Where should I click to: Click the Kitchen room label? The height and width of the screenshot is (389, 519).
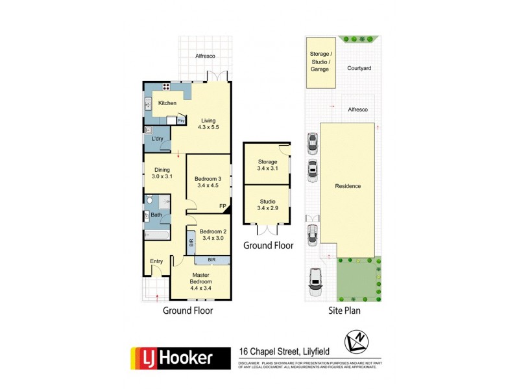(167, 103)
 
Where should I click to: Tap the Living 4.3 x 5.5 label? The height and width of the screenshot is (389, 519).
(208, 124)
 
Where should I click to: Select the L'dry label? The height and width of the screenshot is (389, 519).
(157, 139)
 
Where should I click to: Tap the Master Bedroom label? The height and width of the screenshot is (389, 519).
(201, 278)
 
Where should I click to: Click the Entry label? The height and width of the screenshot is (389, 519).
(157, 261)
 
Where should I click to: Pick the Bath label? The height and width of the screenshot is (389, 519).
(156, 215)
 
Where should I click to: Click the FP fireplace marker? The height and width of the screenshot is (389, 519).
(223, 207)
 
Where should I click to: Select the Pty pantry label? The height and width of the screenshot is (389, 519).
(181, 120)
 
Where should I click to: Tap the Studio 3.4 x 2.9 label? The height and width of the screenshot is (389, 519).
(267, 204)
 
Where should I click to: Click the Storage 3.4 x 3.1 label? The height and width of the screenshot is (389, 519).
(267, 165)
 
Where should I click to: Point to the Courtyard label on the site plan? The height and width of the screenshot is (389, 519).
(359, 67)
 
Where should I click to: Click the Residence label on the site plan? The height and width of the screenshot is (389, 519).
(348, 186)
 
